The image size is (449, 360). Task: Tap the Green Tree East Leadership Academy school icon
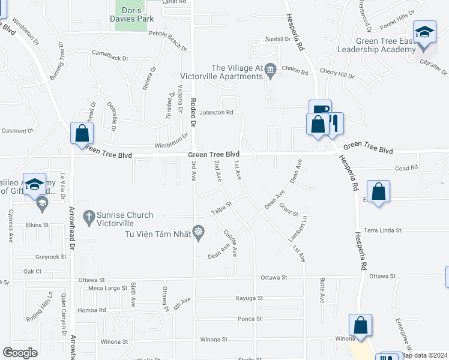click(x=424, y=31)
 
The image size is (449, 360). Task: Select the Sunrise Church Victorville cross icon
click(x=88, y=215)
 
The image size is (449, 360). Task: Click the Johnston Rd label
click(x=216, y=112)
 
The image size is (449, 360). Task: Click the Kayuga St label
click(x=249, y=298)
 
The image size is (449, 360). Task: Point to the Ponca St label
click(x=250, y=319)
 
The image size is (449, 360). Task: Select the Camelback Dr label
click(x=110, y=58)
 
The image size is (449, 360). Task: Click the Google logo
click(x=20, y=352)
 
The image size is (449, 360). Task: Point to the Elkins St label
click(x=37, y=225)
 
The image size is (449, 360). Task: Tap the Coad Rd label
click(x=406, y=168)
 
